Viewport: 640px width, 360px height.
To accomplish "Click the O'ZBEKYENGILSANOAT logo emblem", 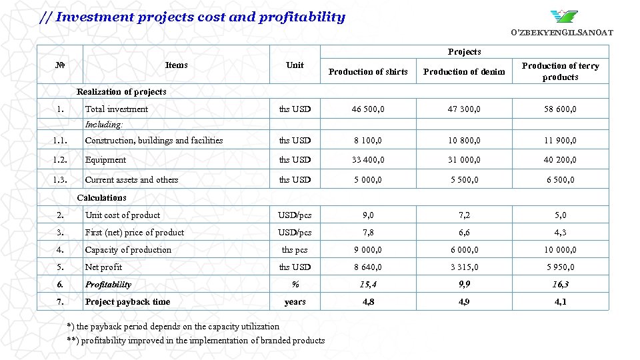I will (564, 16).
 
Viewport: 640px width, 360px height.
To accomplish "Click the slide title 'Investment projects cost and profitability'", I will (193, 17).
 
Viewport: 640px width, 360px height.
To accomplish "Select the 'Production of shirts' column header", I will (368, 71).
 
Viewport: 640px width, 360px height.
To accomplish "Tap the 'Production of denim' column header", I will (464, 71).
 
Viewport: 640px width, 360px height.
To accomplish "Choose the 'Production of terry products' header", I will (560, 71).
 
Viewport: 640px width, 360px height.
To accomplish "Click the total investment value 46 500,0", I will (368, 109).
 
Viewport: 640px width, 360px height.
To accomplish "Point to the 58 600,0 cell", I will (560, 109).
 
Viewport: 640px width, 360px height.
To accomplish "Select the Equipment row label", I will (105, 160).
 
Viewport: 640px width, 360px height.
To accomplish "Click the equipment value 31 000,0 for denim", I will (464, 160).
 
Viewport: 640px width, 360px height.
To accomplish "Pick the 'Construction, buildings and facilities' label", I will (154, 141).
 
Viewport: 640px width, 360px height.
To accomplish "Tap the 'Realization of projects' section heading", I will (121, 91).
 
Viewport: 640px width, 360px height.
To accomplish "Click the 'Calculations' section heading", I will (101, 197).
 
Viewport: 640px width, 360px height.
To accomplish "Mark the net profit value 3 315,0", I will (464, 267).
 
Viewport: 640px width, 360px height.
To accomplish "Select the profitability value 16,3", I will (560, 284).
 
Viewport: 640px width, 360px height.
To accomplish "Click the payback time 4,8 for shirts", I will (368, 301).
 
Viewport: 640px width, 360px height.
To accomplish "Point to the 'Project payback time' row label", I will (127, 301).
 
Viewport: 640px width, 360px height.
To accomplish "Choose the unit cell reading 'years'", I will (295, 301).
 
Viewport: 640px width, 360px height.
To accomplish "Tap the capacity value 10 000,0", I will (560, 249).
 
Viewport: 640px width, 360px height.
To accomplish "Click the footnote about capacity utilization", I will (173, 326).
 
